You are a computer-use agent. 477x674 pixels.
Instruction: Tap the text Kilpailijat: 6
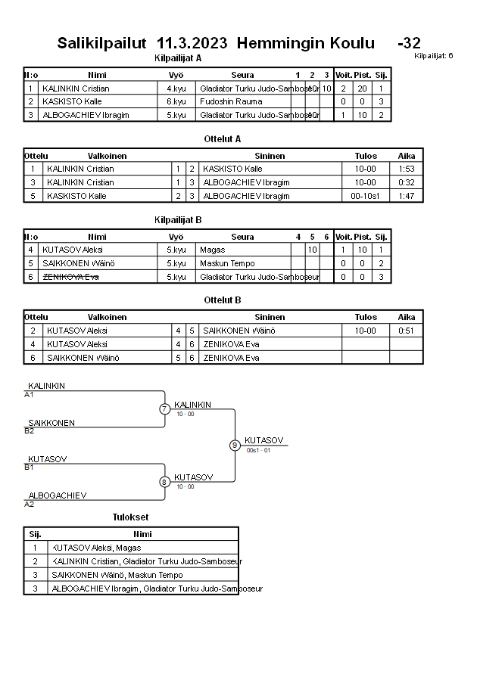[434, 56]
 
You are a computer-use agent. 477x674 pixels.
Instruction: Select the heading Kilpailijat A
[177, 57]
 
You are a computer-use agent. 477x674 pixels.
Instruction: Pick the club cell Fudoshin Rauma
[227, 101]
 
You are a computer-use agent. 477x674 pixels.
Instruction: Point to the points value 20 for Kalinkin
[362, 88]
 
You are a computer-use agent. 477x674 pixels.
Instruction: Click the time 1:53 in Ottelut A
[407, 169]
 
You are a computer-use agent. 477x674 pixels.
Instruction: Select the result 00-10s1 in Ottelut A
[366, 196]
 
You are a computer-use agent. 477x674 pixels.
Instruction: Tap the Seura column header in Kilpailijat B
[242, 237]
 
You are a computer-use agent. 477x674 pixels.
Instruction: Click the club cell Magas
[213, 250]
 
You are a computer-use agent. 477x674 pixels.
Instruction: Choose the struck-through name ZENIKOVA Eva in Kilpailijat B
[70, 277]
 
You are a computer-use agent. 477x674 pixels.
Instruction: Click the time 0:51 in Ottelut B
[407, 331]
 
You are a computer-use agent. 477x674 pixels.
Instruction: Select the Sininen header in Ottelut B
[270, 318]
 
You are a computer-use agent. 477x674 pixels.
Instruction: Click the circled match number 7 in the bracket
[164, 409]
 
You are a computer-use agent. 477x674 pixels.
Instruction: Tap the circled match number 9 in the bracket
[235, 445]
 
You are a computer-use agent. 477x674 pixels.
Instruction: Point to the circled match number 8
[164, 481]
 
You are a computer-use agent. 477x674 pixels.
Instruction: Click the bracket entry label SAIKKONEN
[51, 423]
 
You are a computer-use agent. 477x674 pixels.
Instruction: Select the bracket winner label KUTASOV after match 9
[263, 440]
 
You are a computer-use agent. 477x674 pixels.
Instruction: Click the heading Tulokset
[130, 517]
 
